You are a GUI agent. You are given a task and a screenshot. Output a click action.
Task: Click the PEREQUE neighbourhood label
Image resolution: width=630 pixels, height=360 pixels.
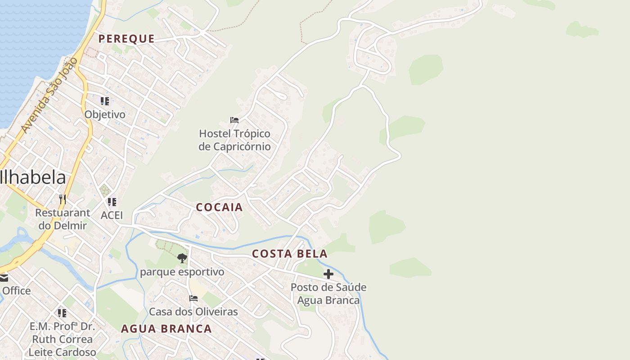tap(126, 39)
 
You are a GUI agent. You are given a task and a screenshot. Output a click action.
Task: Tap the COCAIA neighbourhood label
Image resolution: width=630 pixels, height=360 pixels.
tap(219, 207)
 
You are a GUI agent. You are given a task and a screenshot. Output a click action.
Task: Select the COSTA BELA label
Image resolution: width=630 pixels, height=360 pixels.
tap(289, 254)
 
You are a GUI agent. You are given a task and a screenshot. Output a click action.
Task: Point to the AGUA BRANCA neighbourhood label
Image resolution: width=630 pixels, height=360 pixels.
tap(166, 329)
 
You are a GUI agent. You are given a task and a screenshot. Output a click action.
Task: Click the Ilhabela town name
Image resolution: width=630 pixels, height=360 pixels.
tap(33, 178)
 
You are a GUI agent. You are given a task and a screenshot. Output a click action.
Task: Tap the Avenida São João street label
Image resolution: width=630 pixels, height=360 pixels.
tap(49, 95)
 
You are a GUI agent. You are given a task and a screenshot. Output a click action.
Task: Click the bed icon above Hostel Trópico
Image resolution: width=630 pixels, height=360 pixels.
tap(234, 120)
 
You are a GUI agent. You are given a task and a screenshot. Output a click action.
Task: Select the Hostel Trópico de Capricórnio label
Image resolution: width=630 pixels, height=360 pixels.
tap(234, 140)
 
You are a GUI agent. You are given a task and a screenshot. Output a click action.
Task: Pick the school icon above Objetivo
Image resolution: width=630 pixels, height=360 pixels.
tap(105, 101)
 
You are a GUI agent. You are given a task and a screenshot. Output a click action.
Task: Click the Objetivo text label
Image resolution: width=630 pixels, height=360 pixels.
tap(105, 114)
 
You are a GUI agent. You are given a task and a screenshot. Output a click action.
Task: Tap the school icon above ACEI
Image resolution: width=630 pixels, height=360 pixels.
tap(112, 202)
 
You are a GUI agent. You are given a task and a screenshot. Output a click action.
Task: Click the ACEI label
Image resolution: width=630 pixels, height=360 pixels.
tap(112, 215)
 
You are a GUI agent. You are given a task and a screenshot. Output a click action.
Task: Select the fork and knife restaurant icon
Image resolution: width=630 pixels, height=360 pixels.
tap(63, 199)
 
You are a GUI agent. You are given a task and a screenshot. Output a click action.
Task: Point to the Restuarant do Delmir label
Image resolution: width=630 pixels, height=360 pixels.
tap(63, 219)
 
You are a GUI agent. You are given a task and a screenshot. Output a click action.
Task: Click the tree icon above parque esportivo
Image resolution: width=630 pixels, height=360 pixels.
tap(182, 258)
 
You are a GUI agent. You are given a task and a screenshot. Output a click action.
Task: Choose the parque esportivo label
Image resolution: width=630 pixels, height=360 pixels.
tap(182, 272)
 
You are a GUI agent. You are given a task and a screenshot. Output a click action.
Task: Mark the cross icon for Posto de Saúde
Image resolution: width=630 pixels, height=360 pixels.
tap(328, 274)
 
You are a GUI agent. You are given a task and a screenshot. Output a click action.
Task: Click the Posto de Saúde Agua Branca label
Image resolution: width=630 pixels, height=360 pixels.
tap(328, 293)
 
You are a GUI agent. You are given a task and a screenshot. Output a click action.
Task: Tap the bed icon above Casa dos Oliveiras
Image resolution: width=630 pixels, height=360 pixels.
tap(193, 298)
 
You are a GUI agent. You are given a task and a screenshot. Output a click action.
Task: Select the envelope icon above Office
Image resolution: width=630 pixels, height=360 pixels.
tap(4, 278)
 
